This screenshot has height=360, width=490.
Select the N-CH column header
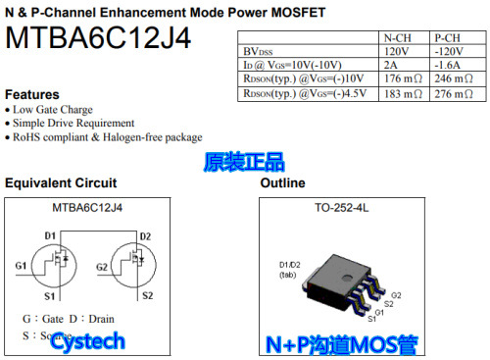click(396, 37)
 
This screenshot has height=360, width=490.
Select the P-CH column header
click(452, 37)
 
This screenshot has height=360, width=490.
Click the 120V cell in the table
click(396, 51)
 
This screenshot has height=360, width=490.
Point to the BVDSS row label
click(259, 51)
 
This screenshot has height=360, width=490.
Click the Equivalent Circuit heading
click(61, 183)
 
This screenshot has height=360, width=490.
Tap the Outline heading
click(282, 183)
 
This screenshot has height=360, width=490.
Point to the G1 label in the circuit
click(22, 266)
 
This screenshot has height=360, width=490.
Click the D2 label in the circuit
click(145, 236)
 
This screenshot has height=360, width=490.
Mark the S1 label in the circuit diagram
click(50, 295)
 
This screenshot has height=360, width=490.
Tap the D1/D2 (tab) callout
click(291, 270)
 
